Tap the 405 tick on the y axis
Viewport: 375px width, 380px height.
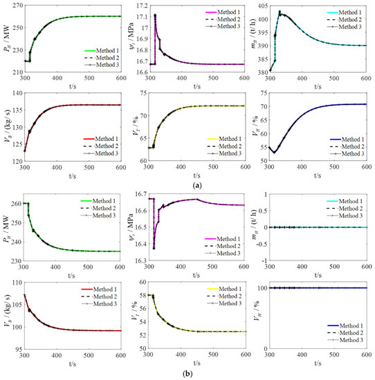(262, 6)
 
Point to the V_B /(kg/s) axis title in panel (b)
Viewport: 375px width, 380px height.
(6, 316)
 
